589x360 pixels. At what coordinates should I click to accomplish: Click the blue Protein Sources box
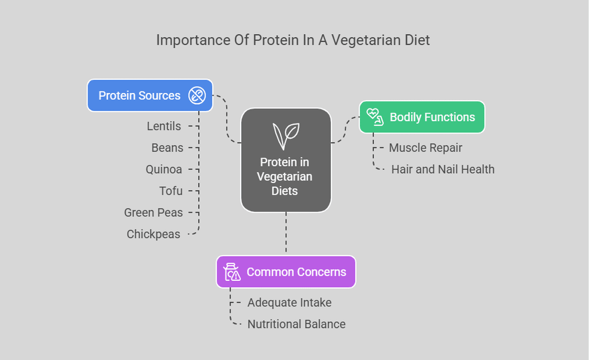coord(149,96)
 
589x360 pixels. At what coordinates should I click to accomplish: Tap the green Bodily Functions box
coord(422,117)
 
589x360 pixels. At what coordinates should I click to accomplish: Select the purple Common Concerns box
coord(286,272)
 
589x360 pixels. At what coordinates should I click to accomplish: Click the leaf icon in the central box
coord(286,136)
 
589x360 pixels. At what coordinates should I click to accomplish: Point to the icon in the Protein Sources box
coord(197,96)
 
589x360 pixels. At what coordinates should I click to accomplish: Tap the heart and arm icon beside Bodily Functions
coord(375,117)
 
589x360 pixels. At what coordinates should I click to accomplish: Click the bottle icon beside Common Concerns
coord(232,272)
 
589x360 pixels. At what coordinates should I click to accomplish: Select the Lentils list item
coord(164,126)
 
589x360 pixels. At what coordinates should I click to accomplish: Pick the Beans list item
coord(167,148)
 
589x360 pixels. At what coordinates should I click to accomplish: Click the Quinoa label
coord(164,169)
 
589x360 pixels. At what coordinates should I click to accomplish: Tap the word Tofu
coord(171,191)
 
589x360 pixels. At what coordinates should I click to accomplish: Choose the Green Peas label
coord(153,212)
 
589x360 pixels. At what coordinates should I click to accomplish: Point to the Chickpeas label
coord(153,234)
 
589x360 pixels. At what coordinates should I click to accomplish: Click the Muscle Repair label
coord(425,148)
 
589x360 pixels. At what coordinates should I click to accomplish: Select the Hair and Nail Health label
coord(443,169)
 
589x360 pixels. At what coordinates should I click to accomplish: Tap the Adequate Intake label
coord(289,303)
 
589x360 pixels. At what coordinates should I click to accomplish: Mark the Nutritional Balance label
coord(297,324)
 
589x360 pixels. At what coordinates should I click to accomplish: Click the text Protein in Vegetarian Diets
coord(285,176)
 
